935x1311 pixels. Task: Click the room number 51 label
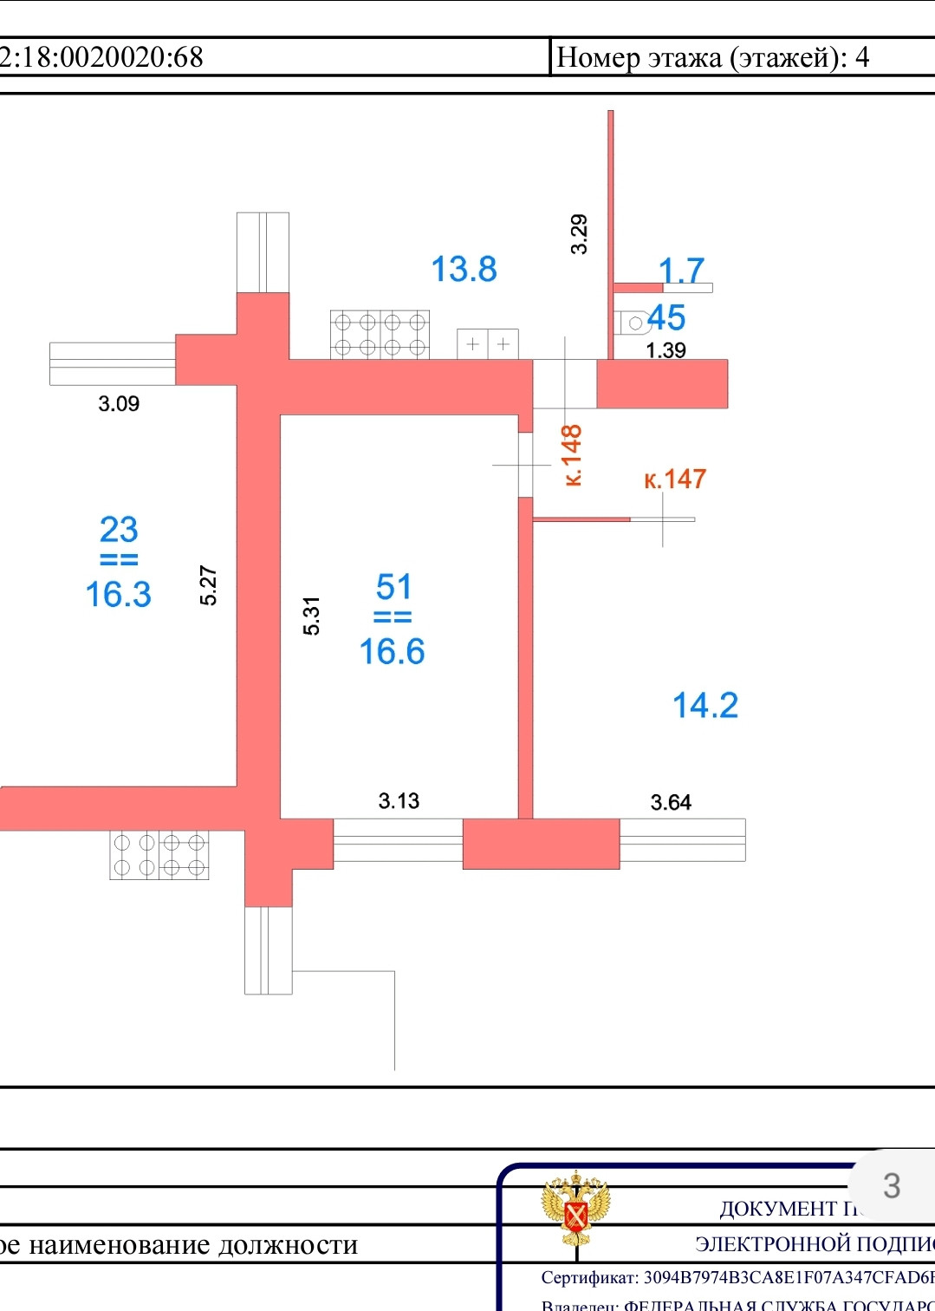[393, 587]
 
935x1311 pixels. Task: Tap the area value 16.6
[392, 651]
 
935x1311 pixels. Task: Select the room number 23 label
[119, 529]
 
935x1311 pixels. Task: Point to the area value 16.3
[118, 594]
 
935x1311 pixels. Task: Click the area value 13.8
[464, 269]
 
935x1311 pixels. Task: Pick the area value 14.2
[705, 705]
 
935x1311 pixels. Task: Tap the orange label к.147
[675, 479]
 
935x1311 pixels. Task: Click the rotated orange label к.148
[571, 455]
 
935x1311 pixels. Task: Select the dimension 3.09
[119, 403]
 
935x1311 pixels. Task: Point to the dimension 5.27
[208, 585]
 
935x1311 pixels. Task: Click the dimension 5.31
[311, 616]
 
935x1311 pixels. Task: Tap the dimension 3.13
[399, 800]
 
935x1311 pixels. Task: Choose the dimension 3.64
[671, 802]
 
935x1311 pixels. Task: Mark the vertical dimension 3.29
[579, 233]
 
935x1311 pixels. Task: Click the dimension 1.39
[666, 350]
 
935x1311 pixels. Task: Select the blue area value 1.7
[681, 270]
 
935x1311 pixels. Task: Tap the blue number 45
[666, 317]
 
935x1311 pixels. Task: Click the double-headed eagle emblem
[575, 1209]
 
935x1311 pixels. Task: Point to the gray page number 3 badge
[892, 1185]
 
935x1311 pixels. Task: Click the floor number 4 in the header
[862, 57]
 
